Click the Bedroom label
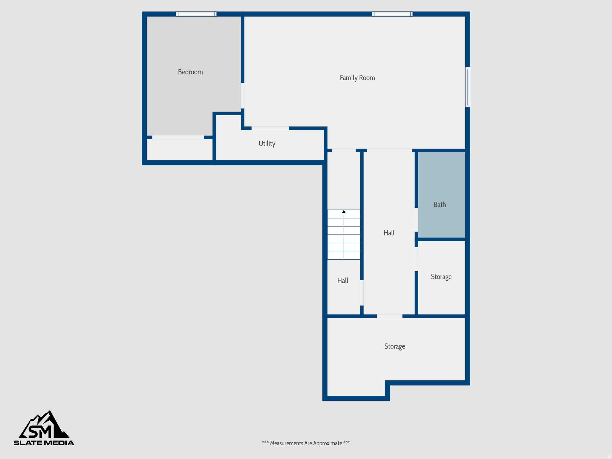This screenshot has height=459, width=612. pyautogui.click(x=190, y=72)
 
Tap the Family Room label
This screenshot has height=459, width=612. pyautogui.click(x=357, y=78)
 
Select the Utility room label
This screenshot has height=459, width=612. pyautogui.click(x=267, y=144)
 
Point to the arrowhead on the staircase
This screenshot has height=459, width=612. pyautogui.click(x=344, y=212)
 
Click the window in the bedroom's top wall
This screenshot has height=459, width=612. pyautogui.click(x=196, y=14)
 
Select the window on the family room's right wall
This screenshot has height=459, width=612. pyautogui.click(x=468, y=87)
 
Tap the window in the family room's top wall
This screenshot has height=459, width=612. pyautogui.click(x=392, y=14)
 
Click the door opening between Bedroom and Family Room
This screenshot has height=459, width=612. pyautogui.click(x=242, y=96)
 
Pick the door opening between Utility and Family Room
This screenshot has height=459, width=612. pyautogui.click(x=270, y=128)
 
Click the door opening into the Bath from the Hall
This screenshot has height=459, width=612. pyautogui.click(x=416, y=220)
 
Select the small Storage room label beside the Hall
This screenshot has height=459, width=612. pyautogui.click(x=441, y=277)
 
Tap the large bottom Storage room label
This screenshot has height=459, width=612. pyautogui.click(x=394, y=346)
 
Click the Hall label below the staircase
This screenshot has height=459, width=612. pyautogui.click(x=343, y=281)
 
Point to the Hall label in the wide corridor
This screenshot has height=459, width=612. pyautogui.click(x=389, y=233)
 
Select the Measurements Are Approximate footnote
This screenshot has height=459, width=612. pyautogui.click(x=306, y=443)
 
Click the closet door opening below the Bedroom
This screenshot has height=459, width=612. pyautogui.click(x=178, y=137)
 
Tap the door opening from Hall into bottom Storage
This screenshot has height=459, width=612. pyautogui.click(x=389, y=316)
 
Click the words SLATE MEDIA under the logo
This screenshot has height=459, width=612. pyautogui.click(x=44, y=443)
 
